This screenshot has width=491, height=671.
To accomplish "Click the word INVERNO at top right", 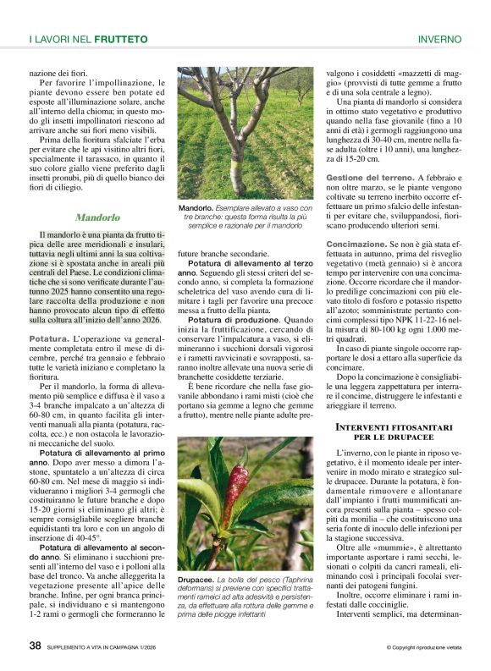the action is (439, 39).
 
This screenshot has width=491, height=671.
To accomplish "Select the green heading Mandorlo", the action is (97, 217).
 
